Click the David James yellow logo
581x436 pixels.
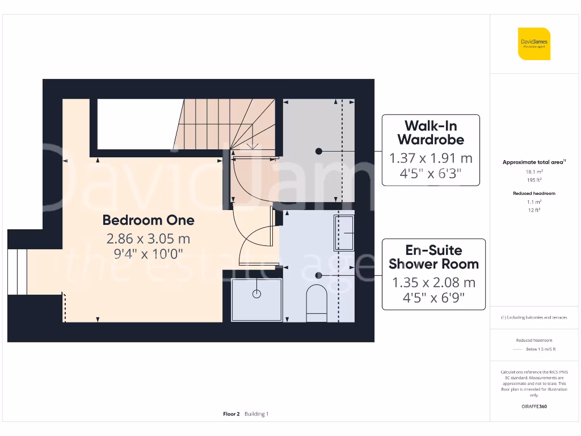(534, 44)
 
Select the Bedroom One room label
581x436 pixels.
(148, 220)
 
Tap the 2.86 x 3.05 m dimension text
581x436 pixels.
(148, 238)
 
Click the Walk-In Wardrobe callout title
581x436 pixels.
(431, 133)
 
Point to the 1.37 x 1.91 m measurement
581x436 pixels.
(431, 158)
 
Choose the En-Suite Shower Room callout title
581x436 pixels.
(433, 257)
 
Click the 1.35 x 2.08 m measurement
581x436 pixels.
(433, 282)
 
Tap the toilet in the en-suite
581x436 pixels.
(316, 303)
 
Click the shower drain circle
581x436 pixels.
(256, 294)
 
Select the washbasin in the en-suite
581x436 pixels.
(344, 233)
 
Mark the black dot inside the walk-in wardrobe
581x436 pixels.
(319, 151)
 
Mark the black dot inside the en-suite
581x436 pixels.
(319, 275)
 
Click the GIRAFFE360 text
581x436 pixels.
(534, 406)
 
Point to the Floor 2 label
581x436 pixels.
(231, 414)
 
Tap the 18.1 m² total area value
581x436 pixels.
(533, 171)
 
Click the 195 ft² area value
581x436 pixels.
(533, 179)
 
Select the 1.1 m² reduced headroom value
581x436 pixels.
(534, 202)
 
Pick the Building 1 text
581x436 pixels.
(256, 414)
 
